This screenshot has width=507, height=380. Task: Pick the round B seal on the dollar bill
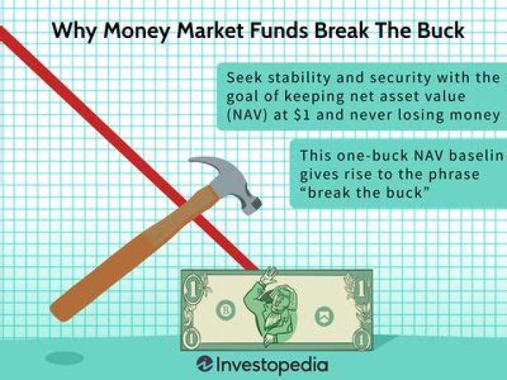click(227, 310)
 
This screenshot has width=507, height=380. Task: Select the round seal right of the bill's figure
click(324, 314)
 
